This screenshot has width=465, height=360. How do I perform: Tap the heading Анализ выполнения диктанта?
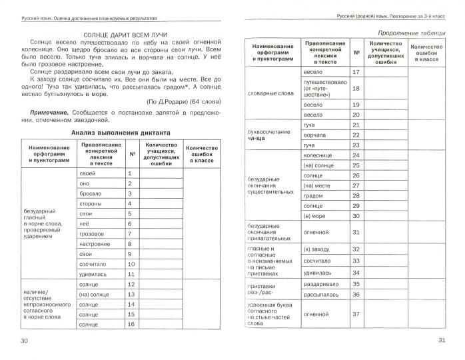point(121,133)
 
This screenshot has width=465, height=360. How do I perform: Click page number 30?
point(25,341)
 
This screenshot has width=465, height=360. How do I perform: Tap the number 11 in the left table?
point(131,274)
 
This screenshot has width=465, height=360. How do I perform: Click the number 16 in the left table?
point(131,324)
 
